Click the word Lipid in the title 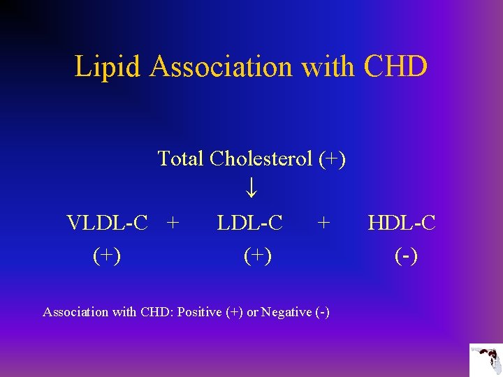tap(108, 67)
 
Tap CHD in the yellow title tap(395, 67)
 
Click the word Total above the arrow tap(180, 158)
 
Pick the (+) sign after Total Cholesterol tap(331, 159)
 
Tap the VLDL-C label tap(107, 223)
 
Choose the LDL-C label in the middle tap(249, 223)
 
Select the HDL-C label tap(402, 223)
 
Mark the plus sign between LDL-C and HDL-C tap(323, 223)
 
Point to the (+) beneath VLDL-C tap(107, 256)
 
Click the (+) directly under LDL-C tap(258, 256)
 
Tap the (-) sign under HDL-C tap(406, 256)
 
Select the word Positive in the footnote tap(200, 312)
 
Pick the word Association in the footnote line tap(75, 312)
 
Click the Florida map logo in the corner tap(486, 360)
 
